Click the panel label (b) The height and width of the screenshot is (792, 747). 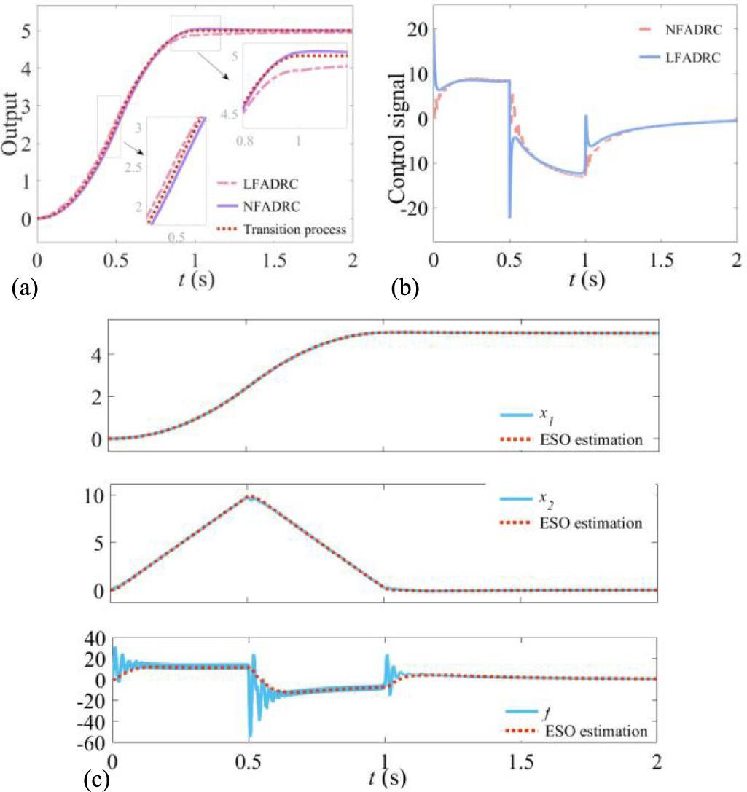(404, 289)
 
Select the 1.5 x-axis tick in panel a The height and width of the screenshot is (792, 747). (273, 258)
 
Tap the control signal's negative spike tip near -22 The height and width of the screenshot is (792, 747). (509, 216)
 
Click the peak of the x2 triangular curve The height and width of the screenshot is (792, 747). (249, 496)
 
